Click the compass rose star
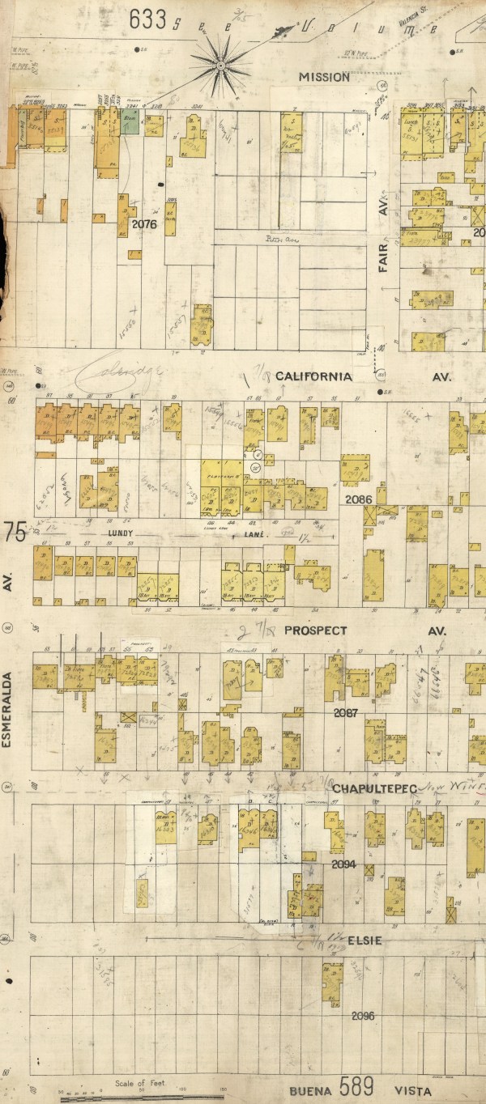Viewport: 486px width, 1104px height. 220,62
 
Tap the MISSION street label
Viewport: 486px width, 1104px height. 324,77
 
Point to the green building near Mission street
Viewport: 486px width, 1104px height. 130,124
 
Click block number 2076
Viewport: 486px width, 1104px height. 143,224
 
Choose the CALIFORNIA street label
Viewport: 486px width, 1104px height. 313,376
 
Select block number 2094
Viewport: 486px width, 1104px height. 343,864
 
